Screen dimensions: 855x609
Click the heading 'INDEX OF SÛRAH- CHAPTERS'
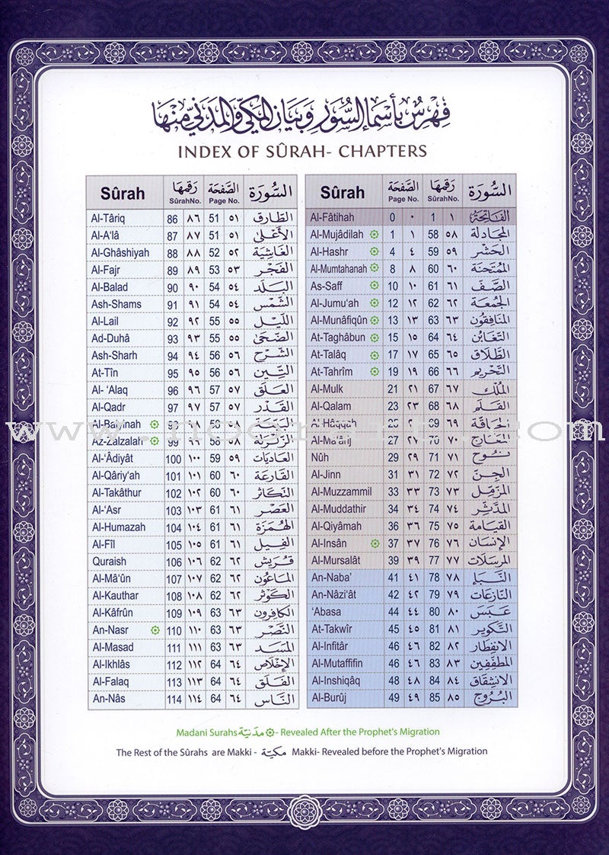(301, 150)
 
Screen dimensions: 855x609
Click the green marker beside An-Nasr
(155, 630)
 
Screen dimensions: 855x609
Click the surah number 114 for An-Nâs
(174, 699)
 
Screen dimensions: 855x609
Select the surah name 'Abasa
(327, 612)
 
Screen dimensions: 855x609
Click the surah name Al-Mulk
(327, 389)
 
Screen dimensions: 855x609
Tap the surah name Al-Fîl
(103, 544)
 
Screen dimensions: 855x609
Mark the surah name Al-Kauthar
(114, 595)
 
